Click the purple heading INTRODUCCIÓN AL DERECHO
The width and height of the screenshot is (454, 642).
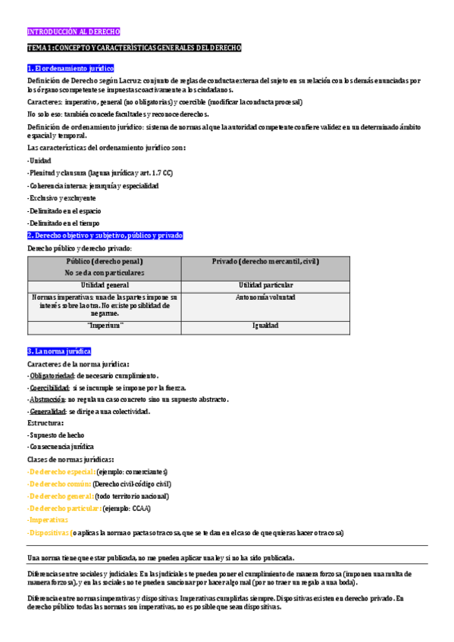tap(74, 33)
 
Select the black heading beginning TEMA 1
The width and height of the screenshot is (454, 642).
tap(134, 48)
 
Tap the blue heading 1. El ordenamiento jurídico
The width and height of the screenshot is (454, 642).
tap(70, 68)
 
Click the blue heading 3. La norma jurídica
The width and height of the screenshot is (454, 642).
tap(59, 351)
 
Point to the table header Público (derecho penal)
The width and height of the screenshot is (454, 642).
tap(105, 261)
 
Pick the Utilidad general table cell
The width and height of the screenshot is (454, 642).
tap(105, 285)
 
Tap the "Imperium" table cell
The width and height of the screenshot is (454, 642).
tap(105, 326)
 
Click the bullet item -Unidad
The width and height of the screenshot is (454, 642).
tap(39, 161)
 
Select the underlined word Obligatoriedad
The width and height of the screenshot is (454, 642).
tap(52, 376)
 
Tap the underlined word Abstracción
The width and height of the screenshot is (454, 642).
tap(47, 399)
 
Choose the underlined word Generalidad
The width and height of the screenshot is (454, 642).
tap(48, 411)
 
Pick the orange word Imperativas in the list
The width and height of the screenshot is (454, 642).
tap(48, 520)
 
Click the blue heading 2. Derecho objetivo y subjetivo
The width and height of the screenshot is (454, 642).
tap(105, 235)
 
